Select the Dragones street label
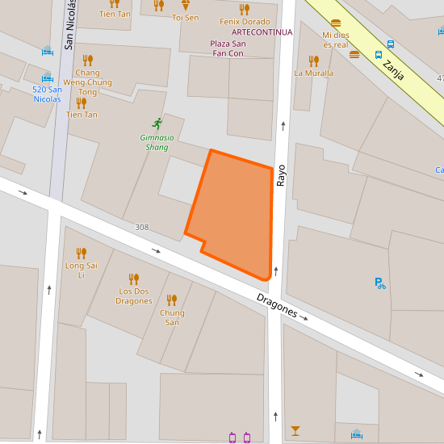(x=277, y=304)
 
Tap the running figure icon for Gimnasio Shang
(x=157, y=124)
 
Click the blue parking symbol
(x=379, y=283)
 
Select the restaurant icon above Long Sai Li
(x=81, y=253)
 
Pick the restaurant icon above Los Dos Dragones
(x=134, y=279)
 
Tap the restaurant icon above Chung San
(x=171, y=300)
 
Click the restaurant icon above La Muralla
(x=313, y=61)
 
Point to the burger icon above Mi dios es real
(x=336, y=23)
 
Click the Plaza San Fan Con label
(x=227, y=48)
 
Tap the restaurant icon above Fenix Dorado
(x=245, y=9)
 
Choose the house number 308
(x=142, y=228)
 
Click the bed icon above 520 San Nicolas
(x=47, y=77)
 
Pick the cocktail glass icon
(x=295, y=430)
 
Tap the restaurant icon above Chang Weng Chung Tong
(x=87, y=60)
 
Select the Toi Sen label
(x=185, y=17)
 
